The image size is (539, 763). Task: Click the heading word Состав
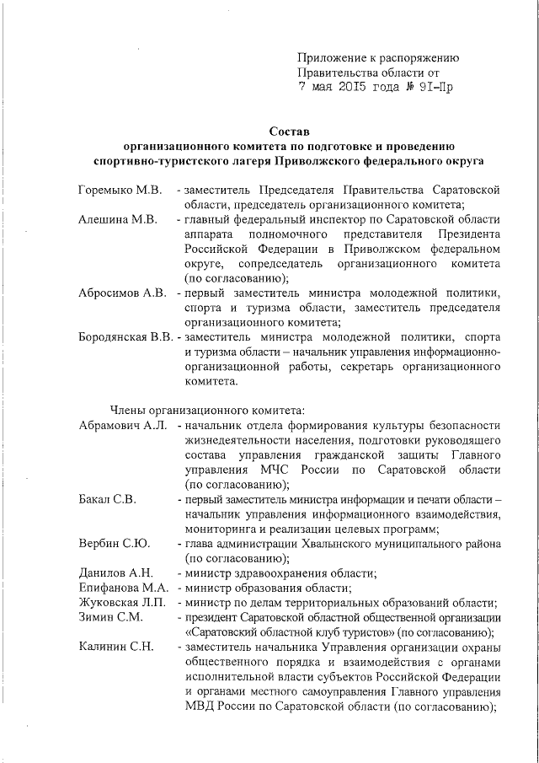tap(290, 131)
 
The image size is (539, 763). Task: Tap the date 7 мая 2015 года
tap(346, 86)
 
